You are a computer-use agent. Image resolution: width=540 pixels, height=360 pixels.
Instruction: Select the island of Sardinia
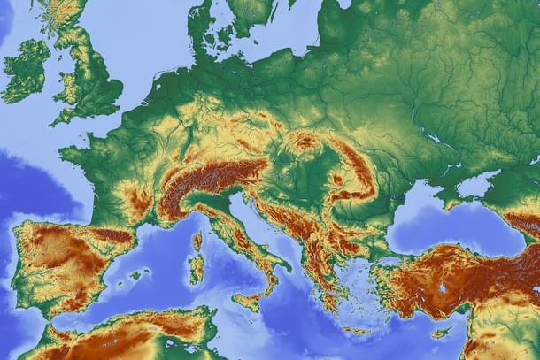point(196,267)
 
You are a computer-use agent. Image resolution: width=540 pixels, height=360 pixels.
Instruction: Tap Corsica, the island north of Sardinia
point(197,241)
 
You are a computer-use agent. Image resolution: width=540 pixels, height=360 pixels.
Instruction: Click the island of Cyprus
point(440,333)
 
